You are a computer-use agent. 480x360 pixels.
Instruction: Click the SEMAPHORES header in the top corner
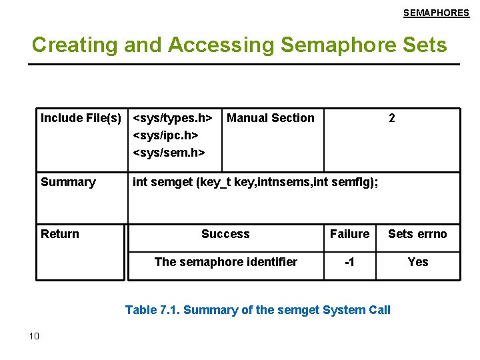(436, 13)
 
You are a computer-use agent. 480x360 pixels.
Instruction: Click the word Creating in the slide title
(64, 45)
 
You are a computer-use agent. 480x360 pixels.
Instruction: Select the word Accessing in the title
(221, 45)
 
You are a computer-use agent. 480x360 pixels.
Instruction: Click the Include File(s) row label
(81, 118)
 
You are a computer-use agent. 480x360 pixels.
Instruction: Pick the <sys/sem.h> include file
(169, 153)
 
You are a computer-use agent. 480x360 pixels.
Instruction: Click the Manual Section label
(271, 118)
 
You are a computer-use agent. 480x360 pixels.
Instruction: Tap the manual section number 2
(392, 118)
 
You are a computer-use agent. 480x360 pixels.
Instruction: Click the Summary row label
(68, 182)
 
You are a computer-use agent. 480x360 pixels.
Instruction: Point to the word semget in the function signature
(171, 182)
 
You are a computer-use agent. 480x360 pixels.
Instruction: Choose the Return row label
(60, 234)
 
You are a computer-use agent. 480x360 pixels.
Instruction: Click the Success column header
(225, 234)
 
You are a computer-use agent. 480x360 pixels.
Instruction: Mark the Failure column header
(349, 234)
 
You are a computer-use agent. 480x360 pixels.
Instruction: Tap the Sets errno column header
(417, 234)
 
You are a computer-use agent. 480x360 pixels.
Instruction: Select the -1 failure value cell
(349, 262)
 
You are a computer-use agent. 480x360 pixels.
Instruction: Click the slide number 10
(35, 335)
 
